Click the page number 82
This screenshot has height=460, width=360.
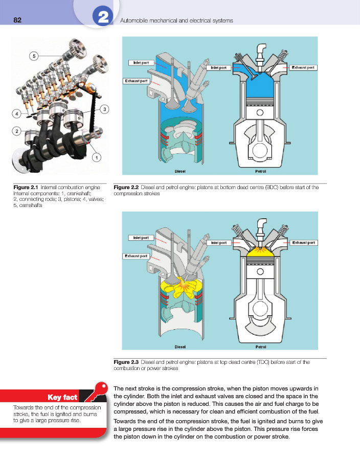coord(17,20)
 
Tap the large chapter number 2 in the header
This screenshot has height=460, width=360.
coord(102,18)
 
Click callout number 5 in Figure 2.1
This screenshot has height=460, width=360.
coord(34,55)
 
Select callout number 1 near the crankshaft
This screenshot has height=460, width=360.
coord(96,158)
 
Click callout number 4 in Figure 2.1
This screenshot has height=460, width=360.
coord(17,113)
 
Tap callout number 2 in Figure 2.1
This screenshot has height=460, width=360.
coord(17,131)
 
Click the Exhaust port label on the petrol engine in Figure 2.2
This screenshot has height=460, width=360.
coord(303,67)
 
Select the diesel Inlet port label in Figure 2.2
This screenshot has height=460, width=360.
coord(141,62)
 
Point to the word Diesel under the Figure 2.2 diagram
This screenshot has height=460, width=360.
coord(180,171)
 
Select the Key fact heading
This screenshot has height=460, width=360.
coord(62,397)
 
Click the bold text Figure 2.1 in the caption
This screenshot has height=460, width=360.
coord(25,188)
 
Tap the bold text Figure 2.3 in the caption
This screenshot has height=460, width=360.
coord(126,362)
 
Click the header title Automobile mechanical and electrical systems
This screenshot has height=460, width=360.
coord(176,20)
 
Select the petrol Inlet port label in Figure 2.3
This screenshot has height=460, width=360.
coord(219,243)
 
